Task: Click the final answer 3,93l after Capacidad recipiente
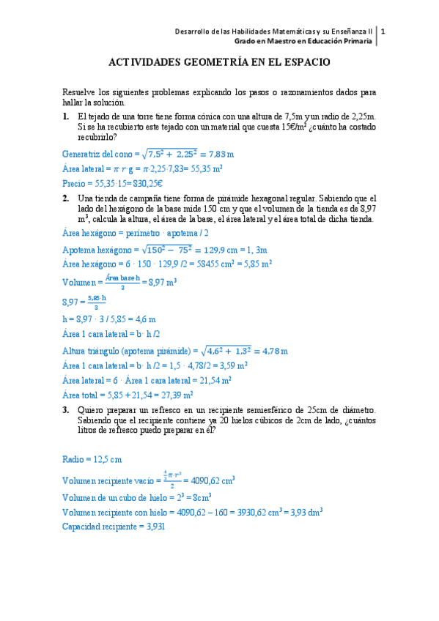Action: click(x=152, y=527)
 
